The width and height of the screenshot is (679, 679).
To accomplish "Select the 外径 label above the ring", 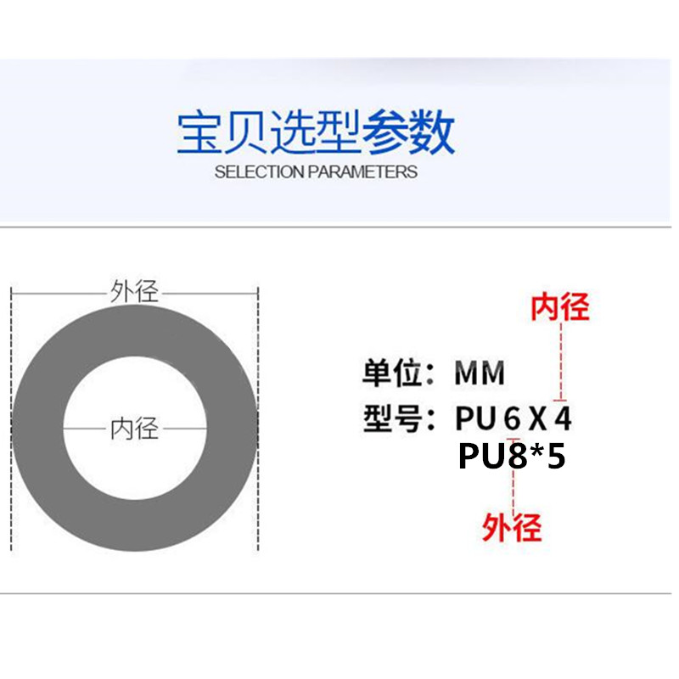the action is [134, 292].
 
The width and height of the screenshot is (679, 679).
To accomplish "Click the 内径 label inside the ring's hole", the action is [134, 428].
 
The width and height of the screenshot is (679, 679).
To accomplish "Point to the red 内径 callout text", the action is [559, 306].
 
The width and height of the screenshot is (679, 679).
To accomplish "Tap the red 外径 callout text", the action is [512, 528].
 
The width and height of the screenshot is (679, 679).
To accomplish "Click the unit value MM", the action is [480, 373].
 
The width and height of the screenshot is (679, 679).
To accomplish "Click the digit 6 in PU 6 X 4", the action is [509, 418].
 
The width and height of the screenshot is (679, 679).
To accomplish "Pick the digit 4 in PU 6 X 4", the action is [562, 418].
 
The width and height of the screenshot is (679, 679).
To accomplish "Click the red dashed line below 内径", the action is [560, 361].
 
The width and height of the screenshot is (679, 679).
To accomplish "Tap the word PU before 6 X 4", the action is [474, 418].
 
